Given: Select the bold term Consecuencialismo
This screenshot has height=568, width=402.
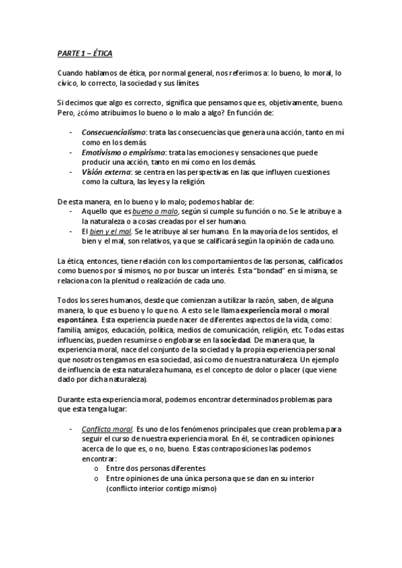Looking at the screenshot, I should click(111, 133).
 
